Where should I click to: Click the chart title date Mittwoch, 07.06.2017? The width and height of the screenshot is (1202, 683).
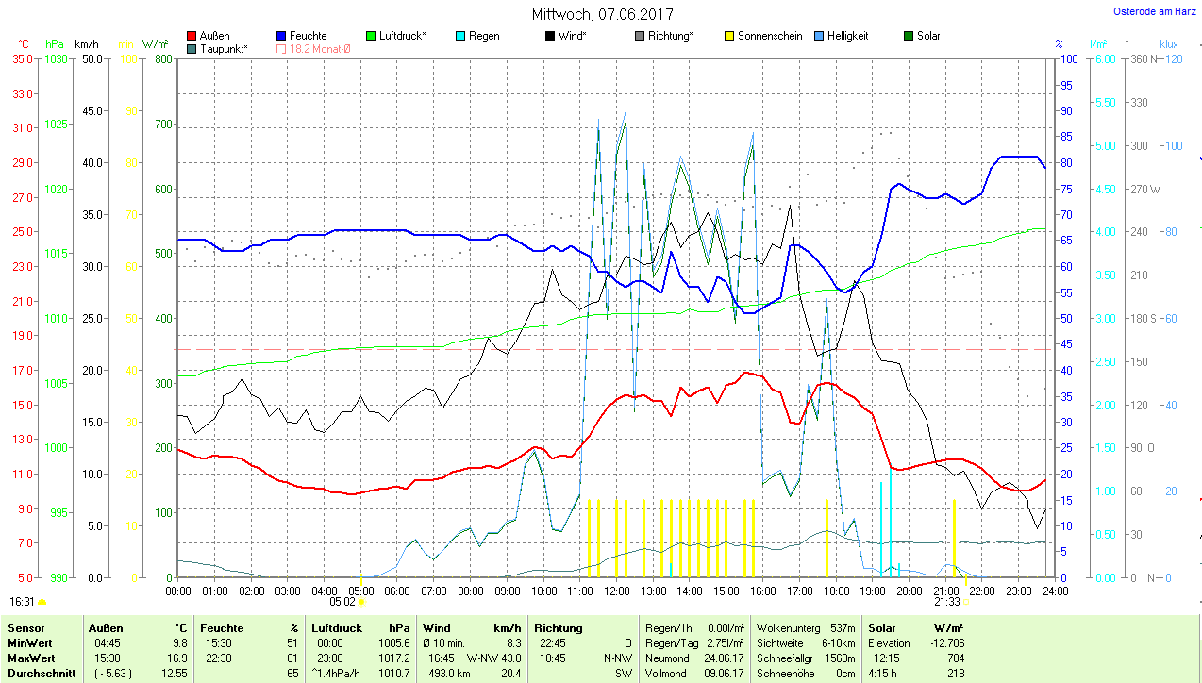(x=602, y=15)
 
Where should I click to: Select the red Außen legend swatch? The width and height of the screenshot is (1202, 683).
(x=192, y=36)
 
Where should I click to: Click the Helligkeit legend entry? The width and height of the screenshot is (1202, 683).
(x=847, y=36)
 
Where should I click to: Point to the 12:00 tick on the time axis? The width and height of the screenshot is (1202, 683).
(x=617, y=591)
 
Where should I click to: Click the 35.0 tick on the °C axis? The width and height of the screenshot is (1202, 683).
(x=22, y=58)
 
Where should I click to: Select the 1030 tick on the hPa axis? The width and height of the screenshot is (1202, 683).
(x=57, y=58)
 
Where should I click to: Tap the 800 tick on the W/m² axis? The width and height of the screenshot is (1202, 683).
(x=161, y=58)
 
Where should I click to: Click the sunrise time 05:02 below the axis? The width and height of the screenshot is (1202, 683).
(x=342, y=601)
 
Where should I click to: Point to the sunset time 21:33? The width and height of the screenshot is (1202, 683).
(x=947, y=601)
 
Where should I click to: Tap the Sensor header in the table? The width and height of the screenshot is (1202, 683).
(x=25, y=627)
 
